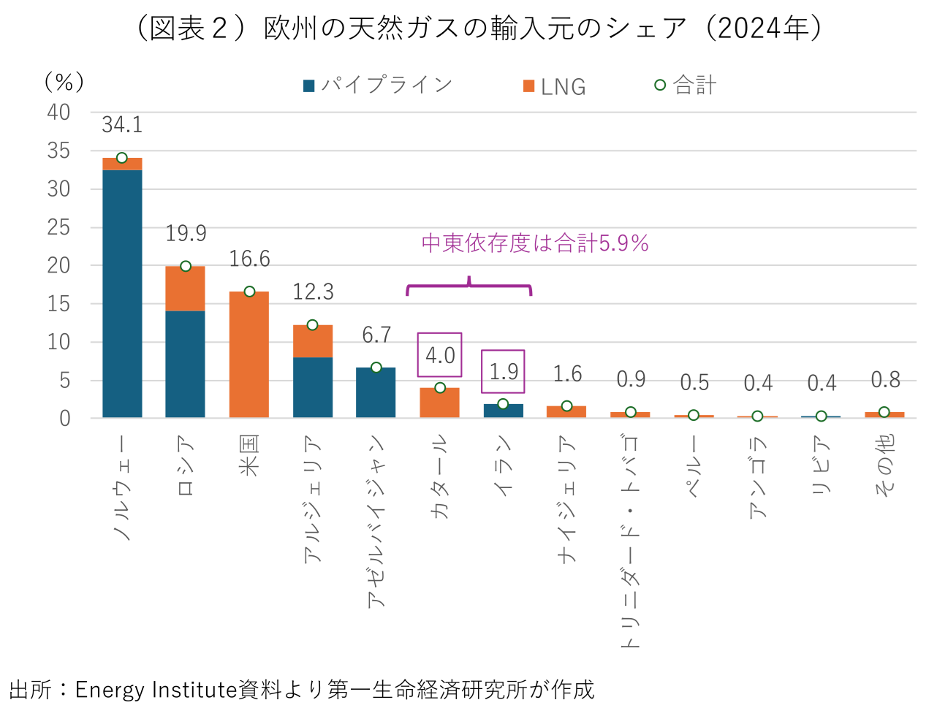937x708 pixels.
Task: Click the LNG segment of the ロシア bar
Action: coord(185,289)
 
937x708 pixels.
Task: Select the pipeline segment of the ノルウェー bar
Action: coord(122,293)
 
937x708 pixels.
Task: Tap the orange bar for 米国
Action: coord(249,354)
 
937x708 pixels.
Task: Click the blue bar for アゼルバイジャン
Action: coord(376,392)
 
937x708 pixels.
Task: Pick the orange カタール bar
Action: coord(439,403)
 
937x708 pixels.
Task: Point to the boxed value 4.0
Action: coord(440,355)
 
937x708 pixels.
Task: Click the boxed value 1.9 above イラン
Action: coord(503,371)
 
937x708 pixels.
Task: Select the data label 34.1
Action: coord(122,125)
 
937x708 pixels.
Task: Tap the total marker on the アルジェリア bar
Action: coord(312,324)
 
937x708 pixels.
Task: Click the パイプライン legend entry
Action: coord(379,85)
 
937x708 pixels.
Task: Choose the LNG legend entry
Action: coord(555,86)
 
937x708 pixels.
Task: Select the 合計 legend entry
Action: coord(686,85)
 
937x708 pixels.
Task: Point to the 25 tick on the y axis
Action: coord(58,227)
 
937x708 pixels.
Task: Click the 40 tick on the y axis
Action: coord(58,113)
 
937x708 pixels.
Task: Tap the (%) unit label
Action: coord(64,82)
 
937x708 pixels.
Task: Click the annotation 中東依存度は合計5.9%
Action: coord(535,243)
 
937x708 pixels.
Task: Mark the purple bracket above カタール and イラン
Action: coord(468,287)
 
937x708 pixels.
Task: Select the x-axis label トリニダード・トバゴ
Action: coord(630,541)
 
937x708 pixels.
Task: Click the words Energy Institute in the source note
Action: coord(156,689)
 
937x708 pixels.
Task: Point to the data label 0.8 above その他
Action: coord(885,380)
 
